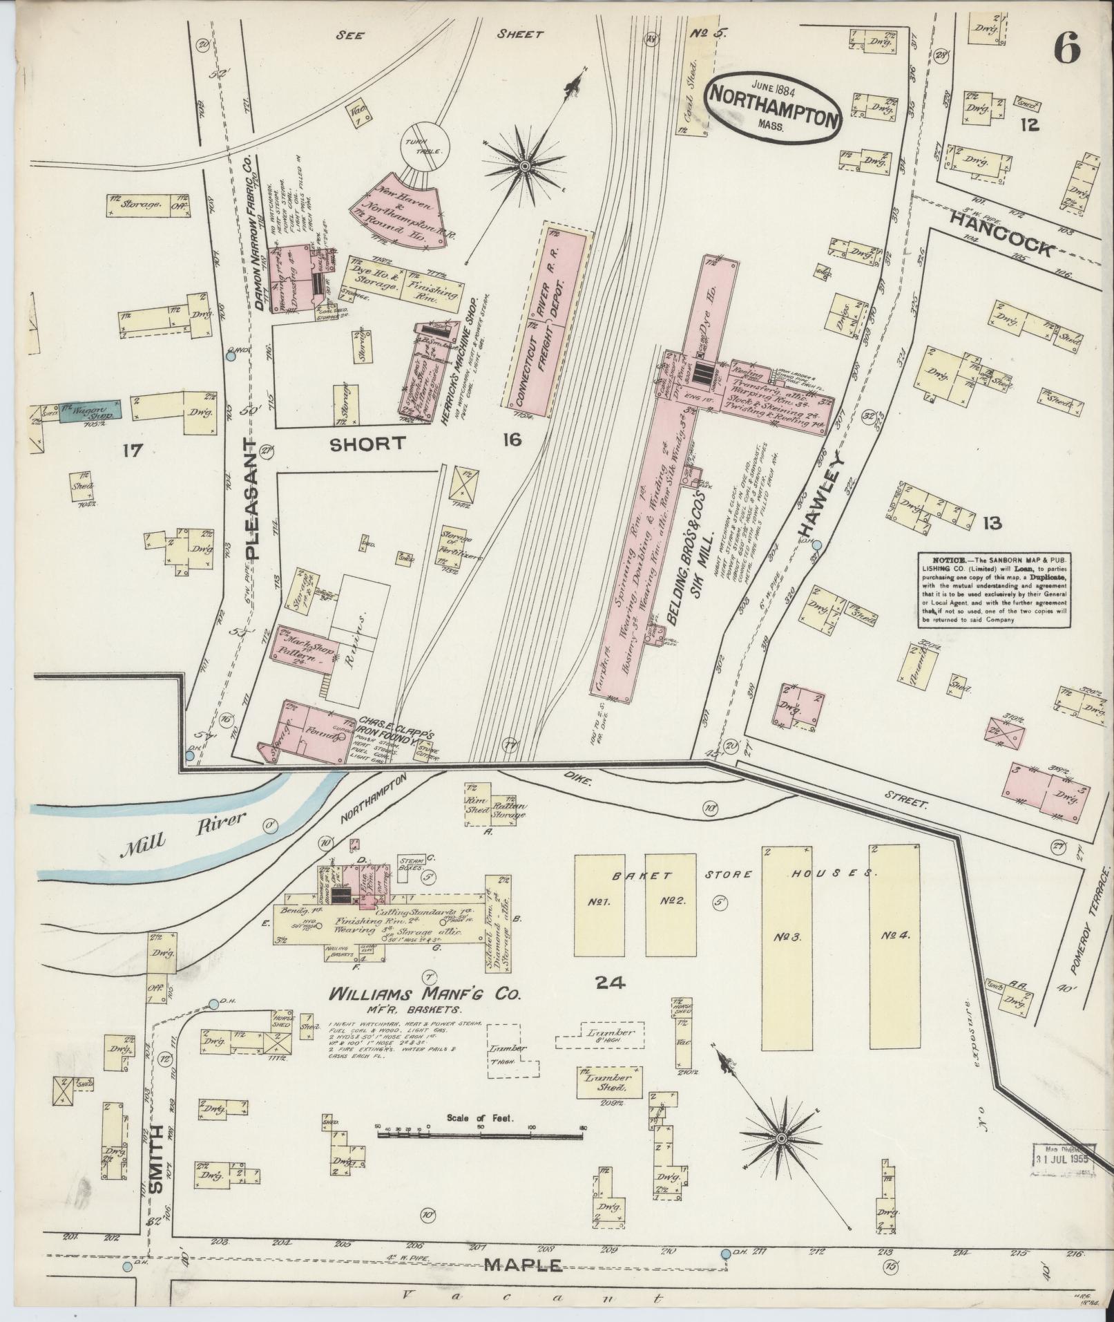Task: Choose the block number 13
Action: point(992,523)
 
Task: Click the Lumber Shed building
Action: point(608,1082)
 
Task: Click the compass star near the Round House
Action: point(525,166)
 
